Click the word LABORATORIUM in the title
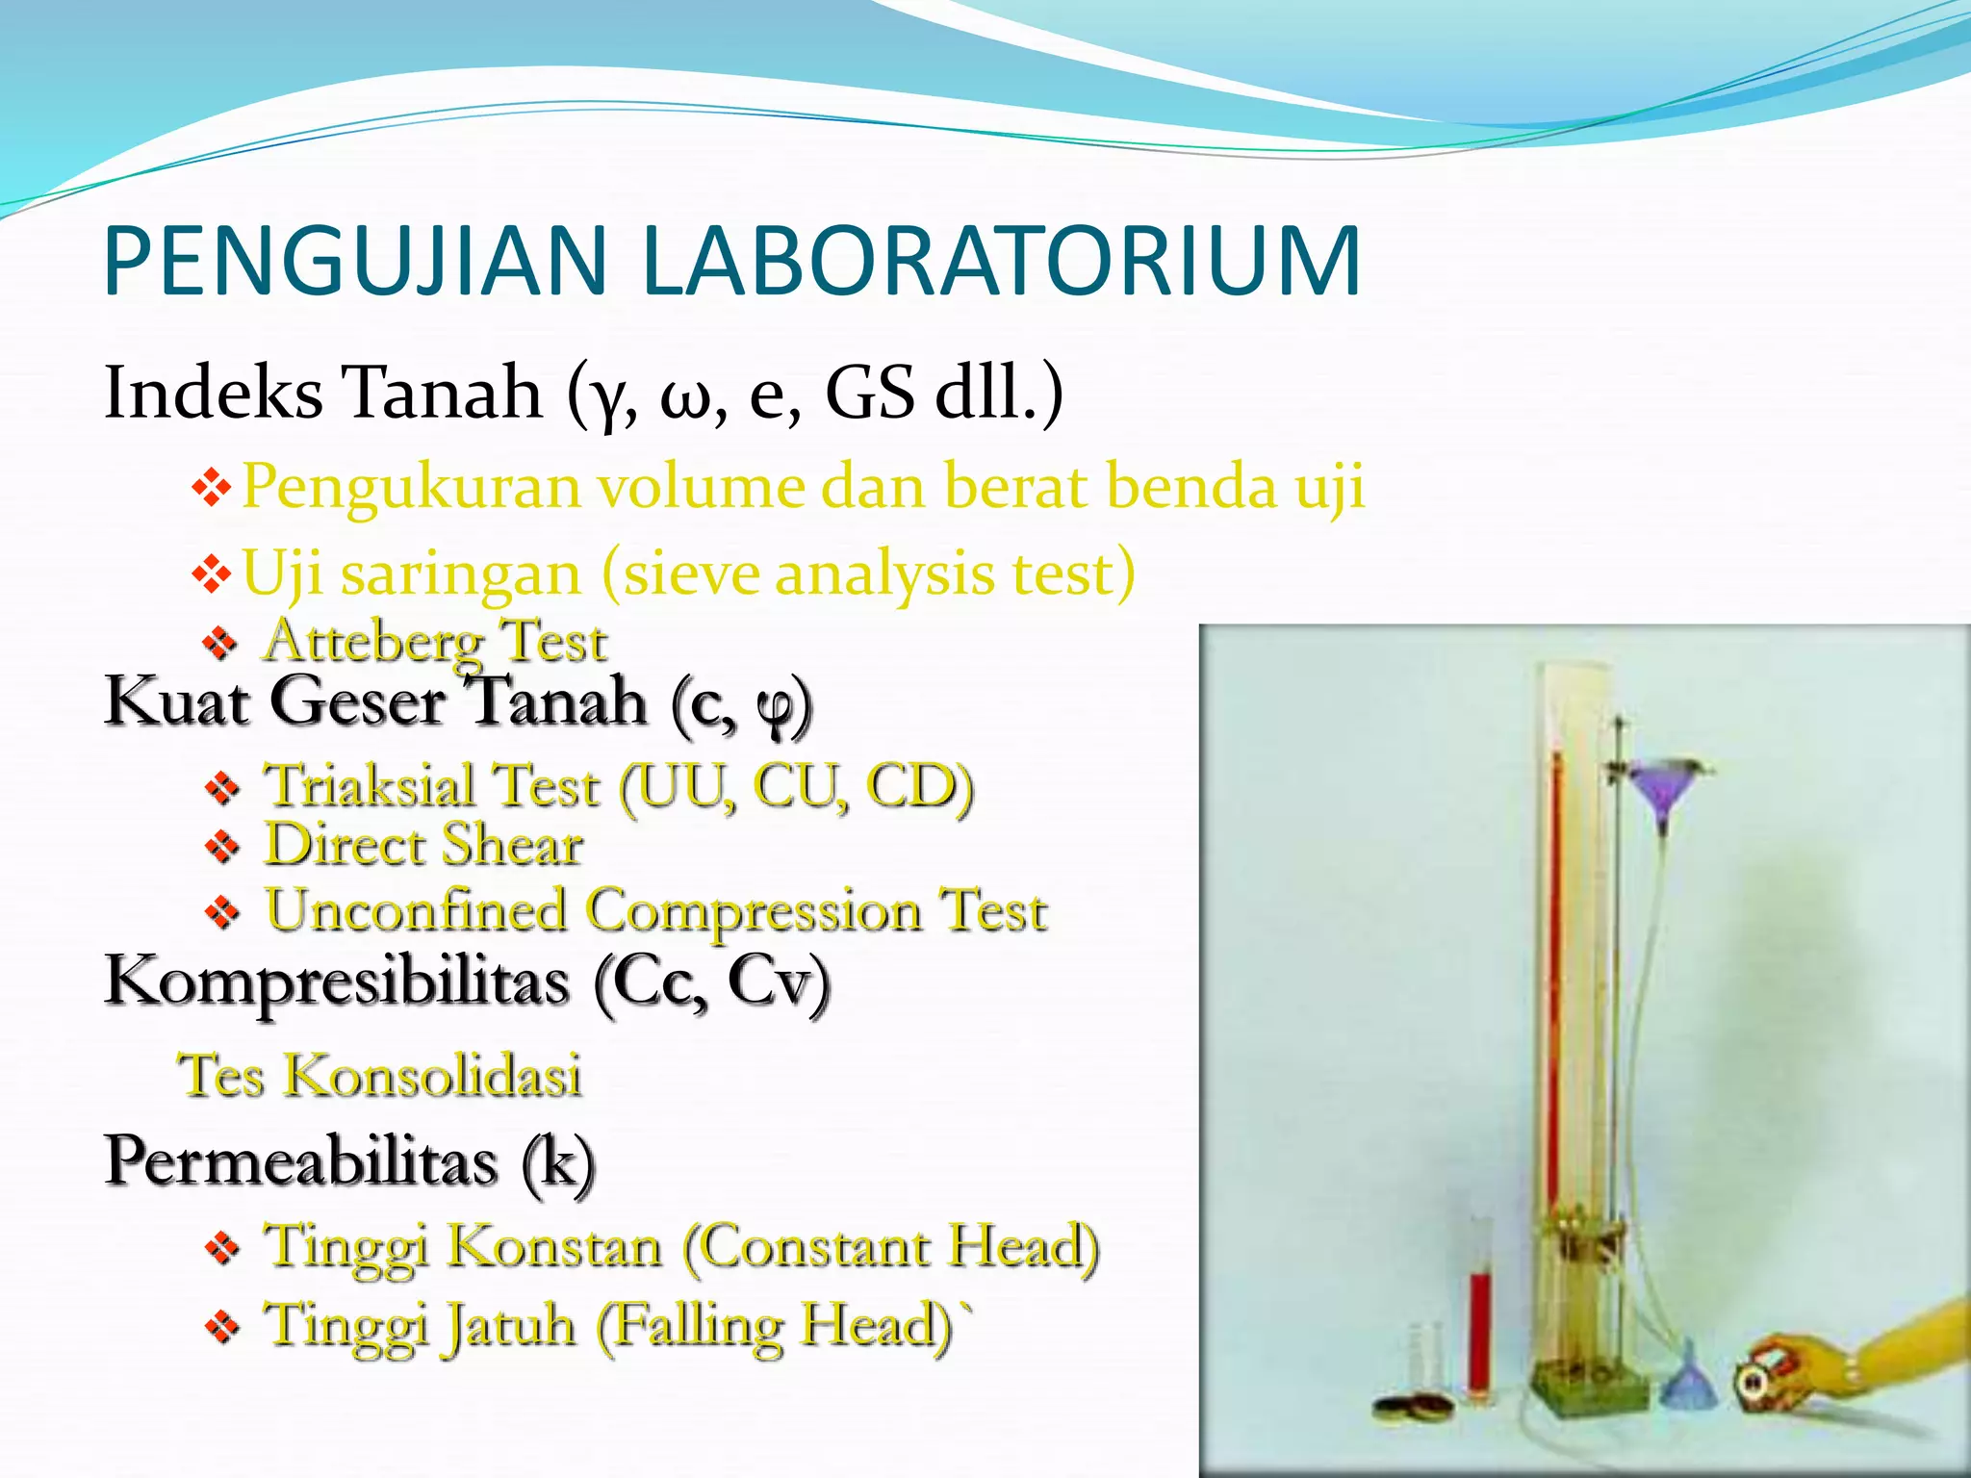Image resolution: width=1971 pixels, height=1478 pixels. coord(1000,261)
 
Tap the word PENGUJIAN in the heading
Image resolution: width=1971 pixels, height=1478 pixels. coord(356,261)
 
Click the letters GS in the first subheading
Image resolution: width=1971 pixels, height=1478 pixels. coord(870,393)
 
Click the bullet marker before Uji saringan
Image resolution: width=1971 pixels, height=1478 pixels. coord(212,574)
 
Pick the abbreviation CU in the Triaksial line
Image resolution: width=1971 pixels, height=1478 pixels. coord(800,786)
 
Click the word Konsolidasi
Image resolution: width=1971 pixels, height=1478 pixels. coord(433,1076)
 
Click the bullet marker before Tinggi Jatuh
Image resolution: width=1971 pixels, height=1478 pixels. coord(221,1328)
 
